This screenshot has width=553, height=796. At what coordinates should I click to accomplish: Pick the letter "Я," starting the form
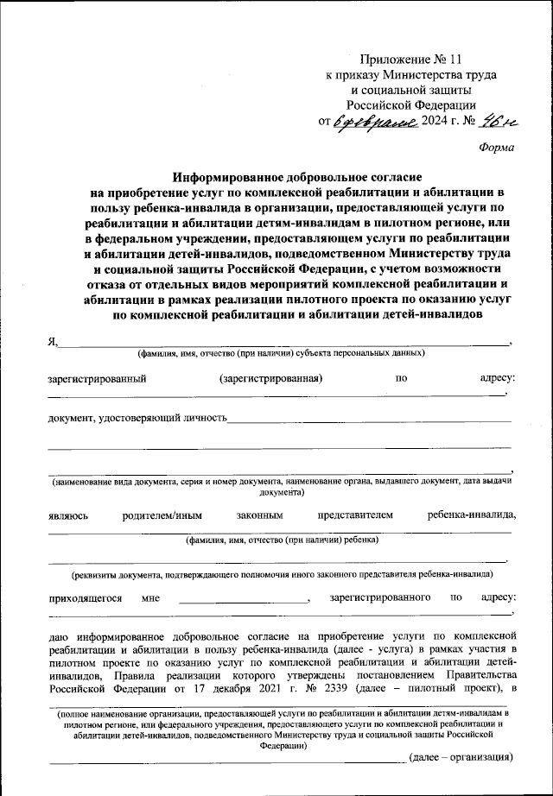(x=52, y=341)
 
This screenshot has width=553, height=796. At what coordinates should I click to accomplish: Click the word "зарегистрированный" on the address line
(x=96, y=378)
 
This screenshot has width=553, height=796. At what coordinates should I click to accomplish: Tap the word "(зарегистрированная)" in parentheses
(x=271, y=378)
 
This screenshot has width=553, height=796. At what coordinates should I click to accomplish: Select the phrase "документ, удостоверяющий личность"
(x=137, y=419)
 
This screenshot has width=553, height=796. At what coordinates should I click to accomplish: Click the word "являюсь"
(x=67, y=515)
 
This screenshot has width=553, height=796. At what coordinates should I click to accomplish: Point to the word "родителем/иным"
(x=162, y=515)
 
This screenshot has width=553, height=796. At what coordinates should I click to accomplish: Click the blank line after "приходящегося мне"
(x=244, y=598)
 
